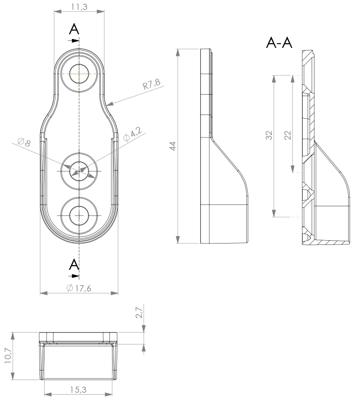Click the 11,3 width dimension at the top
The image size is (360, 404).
coord(79,7)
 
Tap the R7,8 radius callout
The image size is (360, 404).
coord(152,84)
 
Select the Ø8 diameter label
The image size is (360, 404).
coord(24,142)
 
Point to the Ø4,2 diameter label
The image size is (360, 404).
coord(132,134)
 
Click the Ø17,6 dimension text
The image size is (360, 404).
coord(78,288)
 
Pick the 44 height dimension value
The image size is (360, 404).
coord(172,146)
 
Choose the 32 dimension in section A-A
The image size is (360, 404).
coord(269,135)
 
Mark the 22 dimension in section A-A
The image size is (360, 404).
coord(288,135)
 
